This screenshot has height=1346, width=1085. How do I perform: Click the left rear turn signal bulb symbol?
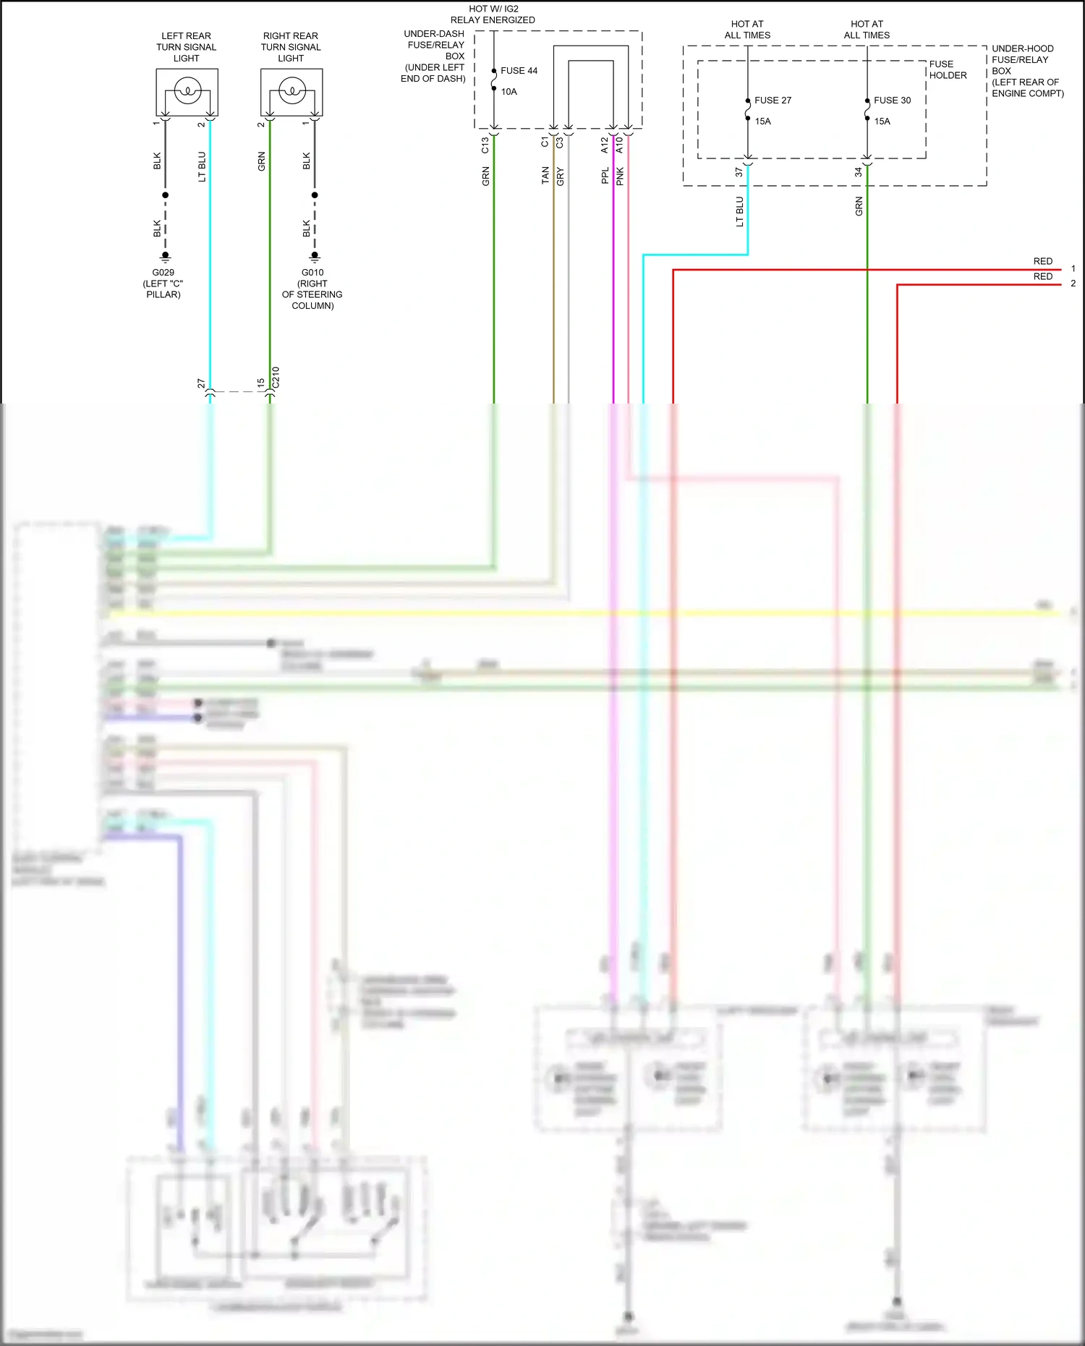pos(187,92)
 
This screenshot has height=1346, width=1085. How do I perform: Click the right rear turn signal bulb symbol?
pos(292,92)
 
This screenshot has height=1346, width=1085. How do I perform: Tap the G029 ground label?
pos(163,273)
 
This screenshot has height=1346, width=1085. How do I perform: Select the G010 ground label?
pos(312,273)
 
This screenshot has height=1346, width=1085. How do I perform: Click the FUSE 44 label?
pos(519,71)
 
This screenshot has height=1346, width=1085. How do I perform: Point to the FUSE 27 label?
pos(773,101)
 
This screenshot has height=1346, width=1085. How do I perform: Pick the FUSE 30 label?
pos(892,101)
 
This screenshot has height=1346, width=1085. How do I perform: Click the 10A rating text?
pos(509,92)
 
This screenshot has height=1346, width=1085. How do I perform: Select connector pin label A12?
pos(605,145)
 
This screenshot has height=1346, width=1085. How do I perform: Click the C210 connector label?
pos(276,378)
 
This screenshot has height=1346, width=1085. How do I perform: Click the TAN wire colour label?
pos(545,176)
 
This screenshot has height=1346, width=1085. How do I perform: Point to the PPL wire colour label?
pos(605,176)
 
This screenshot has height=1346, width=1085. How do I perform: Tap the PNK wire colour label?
pos(620,176)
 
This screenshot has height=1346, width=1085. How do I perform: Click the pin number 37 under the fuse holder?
pos(739,172)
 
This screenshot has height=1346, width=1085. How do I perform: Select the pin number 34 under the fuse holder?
pos(859,172)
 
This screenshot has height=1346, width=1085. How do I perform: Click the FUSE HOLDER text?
pos(948,69)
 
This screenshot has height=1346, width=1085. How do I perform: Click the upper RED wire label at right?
pos(1042,261)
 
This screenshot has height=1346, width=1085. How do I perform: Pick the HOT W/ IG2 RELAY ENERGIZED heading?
pos(493,14)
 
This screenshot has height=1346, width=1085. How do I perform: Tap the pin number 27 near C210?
pos(201,383)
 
